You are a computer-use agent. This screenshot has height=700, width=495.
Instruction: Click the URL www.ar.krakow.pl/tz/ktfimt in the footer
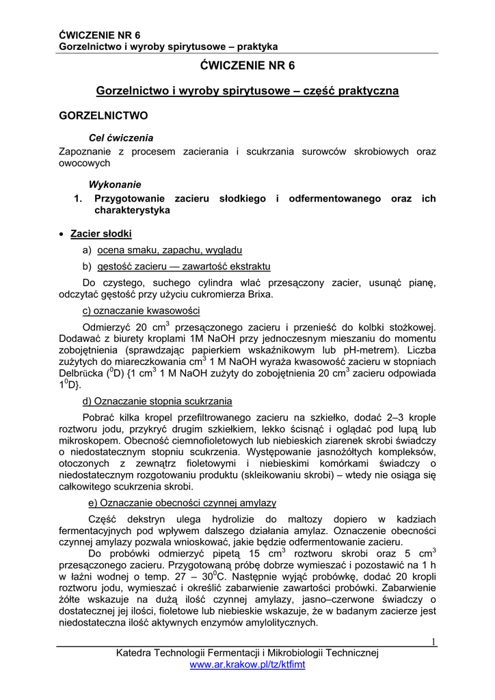coord(247,664)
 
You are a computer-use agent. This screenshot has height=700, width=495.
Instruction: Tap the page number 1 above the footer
coord(433,641)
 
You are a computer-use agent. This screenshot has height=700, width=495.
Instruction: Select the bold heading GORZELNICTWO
coord(103,116)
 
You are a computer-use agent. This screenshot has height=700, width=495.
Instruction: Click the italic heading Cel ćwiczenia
coord(120,137)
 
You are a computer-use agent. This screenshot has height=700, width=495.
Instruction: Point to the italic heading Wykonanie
coord(115,185)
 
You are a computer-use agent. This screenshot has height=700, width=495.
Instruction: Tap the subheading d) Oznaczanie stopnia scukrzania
coord(157,401)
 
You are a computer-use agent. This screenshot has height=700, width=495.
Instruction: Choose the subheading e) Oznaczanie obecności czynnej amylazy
coord(178,502)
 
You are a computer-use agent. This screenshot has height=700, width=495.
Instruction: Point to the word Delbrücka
coord(82,375)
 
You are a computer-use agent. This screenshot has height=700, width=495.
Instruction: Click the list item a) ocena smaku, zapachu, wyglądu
coord(162,250)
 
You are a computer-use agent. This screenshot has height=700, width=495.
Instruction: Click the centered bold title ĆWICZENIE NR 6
coord(247,66)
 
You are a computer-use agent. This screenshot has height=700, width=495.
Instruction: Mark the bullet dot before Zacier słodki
coord(63,234)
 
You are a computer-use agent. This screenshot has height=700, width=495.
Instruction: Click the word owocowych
coord(85,163)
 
